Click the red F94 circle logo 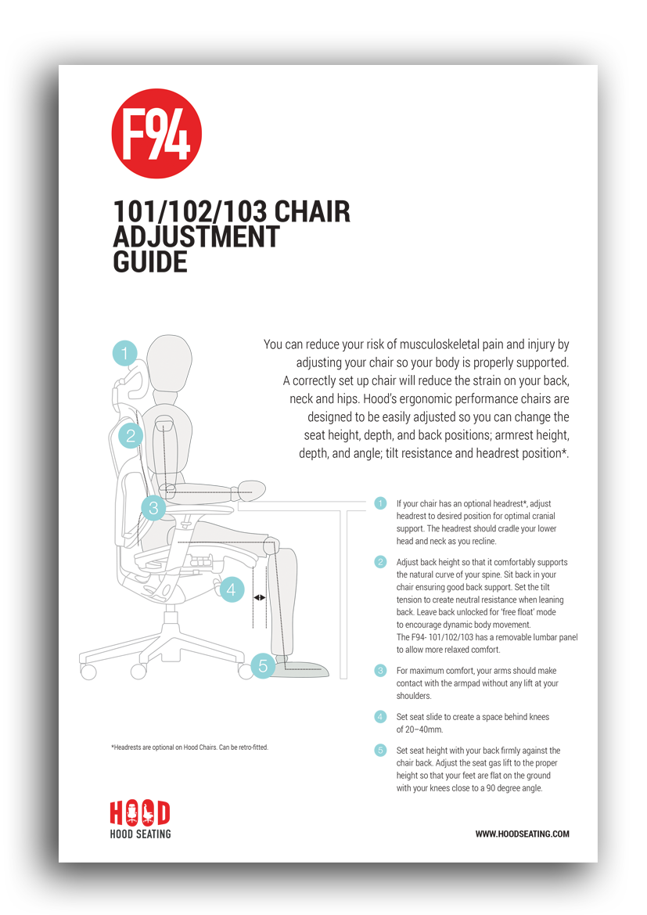tap(156, 134)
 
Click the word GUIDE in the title tap(150, 262)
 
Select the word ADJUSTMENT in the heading tap(196, 237)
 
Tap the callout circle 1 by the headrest tap(124, 353)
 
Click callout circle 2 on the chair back tap(131, 436)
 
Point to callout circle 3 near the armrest tap(153, 508)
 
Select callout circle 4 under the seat tap(231, 589)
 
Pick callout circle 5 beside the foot tap(263, 665)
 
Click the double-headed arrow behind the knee tap(260, 597)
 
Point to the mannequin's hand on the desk tap(251, 490)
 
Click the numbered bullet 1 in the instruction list tap(380, 503)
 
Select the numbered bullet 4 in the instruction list tap(380, 717)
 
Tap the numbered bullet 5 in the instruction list tap(380, 751)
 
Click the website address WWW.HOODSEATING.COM tap(522, 834)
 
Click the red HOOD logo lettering tap(140, 813)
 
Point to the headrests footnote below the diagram tap(189, 747)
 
